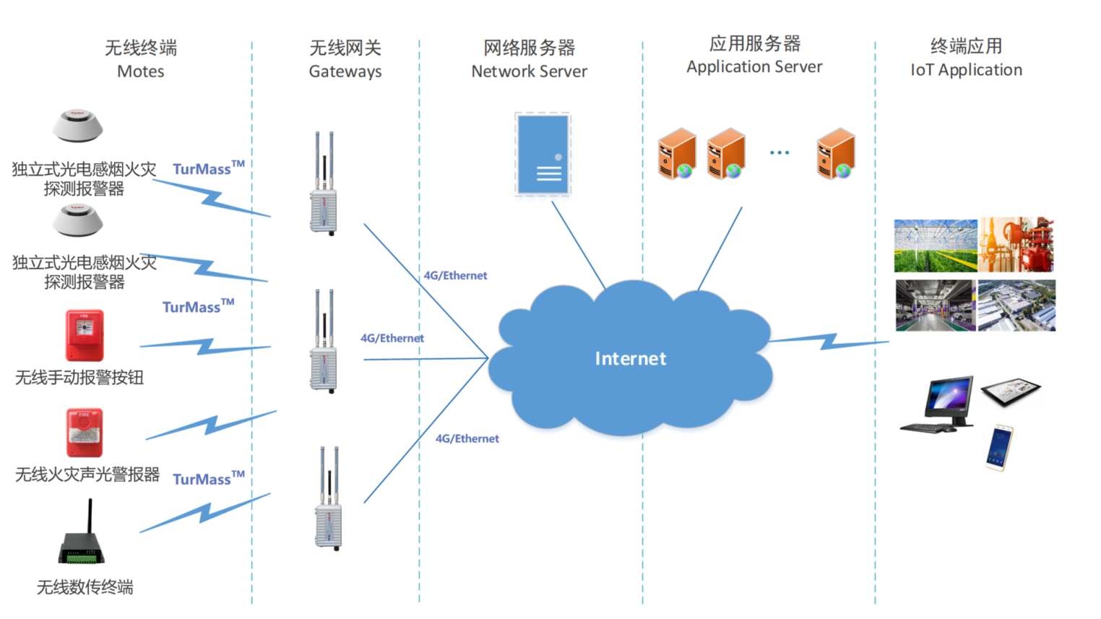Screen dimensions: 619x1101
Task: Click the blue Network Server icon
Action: [543, 154]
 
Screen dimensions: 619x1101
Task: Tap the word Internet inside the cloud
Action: [630, 359]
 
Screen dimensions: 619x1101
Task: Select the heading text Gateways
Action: [345, 72]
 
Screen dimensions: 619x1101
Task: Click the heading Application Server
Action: [754, 67]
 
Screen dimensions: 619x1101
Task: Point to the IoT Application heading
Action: [966, 70]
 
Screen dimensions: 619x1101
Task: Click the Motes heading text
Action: [140, 72]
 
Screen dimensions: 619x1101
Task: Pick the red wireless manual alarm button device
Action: [85, 335]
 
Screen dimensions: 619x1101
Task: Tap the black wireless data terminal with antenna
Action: [82, 539]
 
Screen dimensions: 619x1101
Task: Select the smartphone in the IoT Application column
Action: [999, 448]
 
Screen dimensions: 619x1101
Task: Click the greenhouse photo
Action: [935, 246]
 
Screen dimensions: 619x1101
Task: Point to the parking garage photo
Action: [935, 306]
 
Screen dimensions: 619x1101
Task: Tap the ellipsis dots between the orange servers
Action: [779, 152]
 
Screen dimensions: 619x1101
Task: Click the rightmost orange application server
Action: [836, 154]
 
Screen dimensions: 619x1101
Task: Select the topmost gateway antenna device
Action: [324, 185]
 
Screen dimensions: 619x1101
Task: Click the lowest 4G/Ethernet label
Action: [467, 438]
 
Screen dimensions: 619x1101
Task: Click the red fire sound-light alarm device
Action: [85, 432]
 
